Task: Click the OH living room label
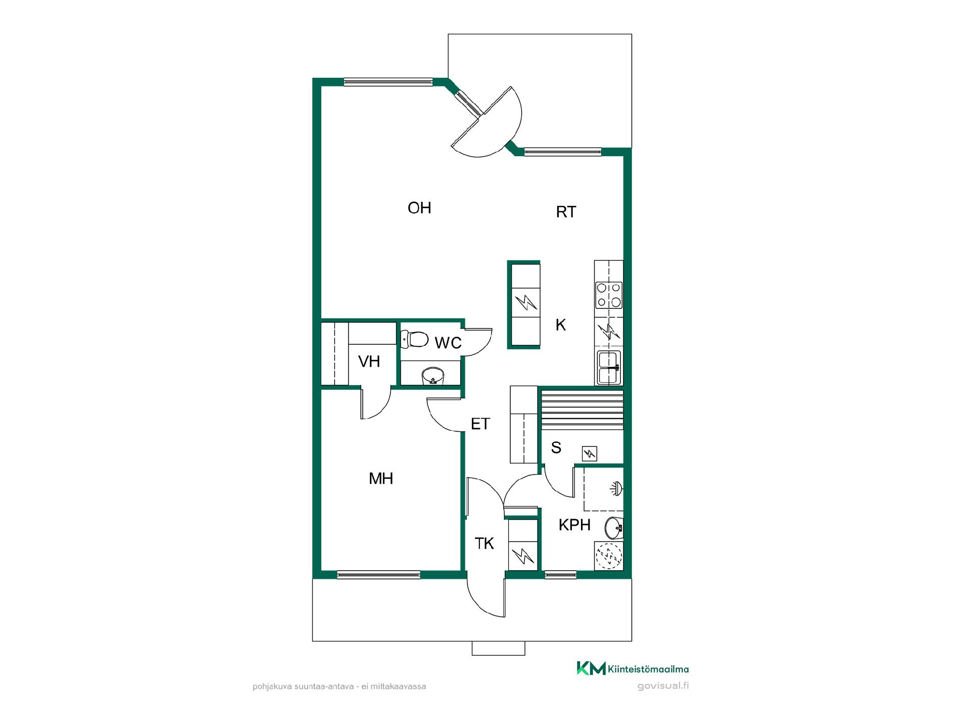pos(419,208)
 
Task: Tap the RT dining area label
pos(566,212)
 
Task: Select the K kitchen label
pos(561,325)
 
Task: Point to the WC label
pos(448,343)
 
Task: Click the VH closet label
pos(369,361)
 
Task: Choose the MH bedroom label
pos(381,478)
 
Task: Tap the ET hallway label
pos(480,424)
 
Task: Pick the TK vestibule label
pos(484,543)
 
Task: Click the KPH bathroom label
pos(574,525)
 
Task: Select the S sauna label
pos(556,447)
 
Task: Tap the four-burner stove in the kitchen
pos(609,295)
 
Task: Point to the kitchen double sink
pos(609,368)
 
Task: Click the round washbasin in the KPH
pos(614,529)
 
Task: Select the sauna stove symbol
pos(589,453)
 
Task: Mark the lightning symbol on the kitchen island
pos(524,303)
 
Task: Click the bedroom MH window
pos(378,574)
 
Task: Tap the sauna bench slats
pos(582,410)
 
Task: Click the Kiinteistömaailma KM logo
pos(633,668)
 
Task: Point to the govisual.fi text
pos(663,686)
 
